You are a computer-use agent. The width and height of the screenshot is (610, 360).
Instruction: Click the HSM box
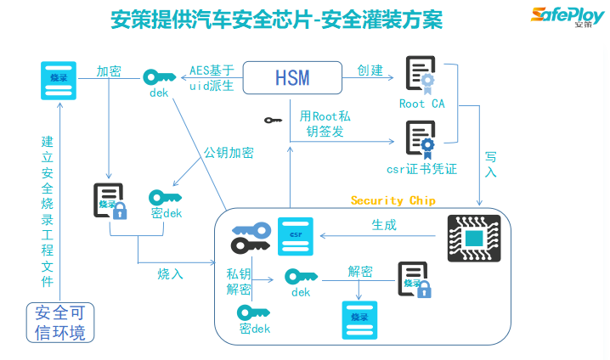click(x=292, y=78)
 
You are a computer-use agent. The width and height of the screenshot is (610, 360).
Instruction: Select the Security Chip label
click(x=393, y=200)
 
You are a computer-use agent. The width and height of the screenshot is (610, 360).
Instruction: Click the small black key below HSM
click(x=273, y=121)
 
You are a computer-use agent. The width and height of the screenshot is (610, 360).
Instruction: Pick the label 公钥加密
click(x=228, y=153)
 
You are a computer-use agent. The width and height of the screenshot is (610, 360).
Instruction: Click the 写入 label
click(x=491, y=164)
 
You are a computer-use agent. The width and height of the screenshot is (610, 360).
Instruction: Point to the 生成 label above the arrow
click(x=383, y=225)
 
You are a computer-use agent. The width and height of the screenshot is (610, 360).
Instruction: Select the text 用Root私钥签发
click(x=325, y=123)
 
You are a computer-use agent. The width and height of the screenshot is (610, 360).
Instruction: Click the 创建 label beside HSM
click(x=370, y=70)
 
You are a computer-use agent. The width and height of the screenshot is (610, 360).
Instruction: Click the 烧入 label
click(x=170, y=273)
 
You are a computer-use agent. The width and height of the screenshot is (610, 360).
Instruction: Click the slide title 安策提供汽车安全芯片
click(x=277, y=19)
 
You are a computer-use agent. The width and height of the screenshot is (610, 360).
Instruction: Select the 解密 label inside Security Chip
click(x=360, y=272)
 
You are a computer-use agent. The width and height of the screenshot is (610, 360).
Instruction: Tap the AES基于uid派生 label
click(x=212, y=78)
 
